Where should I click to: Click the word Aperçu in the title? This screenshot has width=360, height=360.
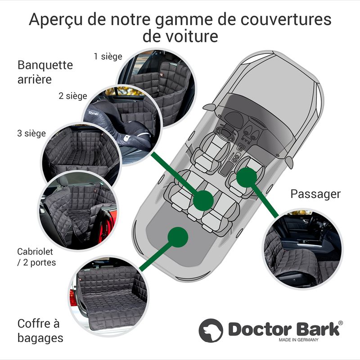pos(55,20)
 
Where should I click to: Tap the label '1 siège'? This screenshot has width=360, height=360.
pos(108,57)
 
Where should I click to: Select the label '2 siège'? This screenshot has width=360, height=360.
pos(73,96)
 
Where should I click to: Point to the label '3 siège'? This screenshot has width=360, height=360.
pos(31,133)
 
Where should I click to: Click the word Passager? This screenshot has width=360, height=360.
pos(315,194)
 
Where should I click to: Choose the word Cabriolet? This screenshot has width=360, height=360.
pos(35,252)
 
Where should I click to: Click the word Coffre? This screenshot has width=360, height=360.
pos(34,324)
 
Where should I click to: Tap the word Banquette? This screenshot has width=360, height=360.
pos(45,65)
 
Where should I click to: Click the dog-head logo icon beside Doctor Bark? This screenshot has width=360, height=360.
pos(211,330)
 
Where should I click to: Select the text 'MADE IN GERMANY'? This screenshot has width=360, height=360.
pos(298,340)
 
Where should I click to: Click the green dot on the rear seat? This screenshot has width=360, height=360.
pos(203,200)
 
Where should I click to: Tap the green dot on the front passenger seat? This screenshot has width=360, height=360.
pos(246,177)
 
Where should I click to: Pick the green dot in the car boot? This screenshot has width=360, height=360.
pos(178,237)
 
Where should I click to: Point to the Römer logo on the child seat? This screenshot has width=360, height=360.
pos(94,113)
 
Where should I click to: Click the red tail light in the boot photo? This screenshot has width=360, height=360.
pos(73,298)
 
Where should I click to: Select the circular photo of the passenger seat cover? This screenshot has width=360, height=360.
pos(302,249)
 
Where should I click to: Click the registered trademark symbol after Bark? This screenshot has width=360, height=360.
pos(341,323)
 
